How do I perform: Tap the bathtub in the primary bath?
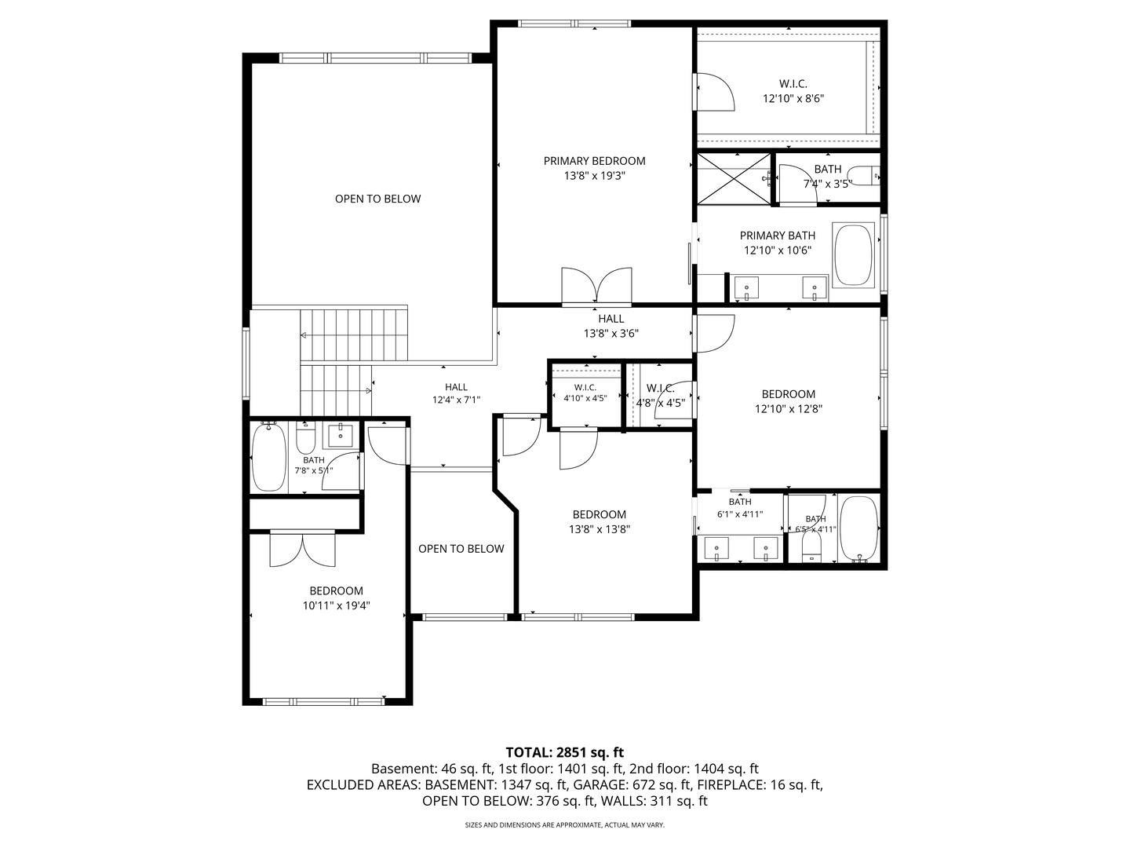pos(853,254)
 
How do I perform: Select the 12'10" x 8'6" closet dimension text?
pos(793,98)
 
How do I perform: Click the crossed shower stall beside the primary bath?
pos(734,179)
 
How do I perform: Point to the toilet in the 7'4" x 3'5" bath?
pos(863,176)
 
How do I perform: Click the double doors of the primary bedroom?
pos(596,286)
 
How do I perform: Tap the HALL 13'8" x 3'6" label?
pos(611,326)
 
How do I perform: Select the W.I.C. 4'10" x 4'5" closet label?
pos(585,393)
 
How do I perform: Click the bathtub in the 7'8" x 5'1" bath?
pos(268,457)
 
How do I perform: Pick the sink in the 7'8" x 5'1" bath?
pos(341,436)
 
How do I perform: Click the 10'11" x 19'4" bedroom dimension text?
pos(336,605)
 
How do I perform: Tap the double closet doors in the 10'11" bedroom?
pos(303,549)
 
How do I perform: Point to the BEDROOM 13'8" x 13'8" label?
pos(600,521)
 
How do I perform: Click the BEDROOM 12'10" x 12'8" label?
pos(789,401)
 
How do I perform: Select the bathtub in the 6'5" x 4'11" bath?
pos(858,528)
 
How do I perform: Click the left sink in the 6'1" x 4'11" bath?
pos(716,548)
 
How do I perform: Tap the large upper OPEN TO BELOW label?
pos(378,199)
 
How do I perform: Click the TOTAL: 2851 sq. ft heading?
pos(565,752)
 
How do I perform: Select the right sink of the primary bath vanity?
pos(815,288)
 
